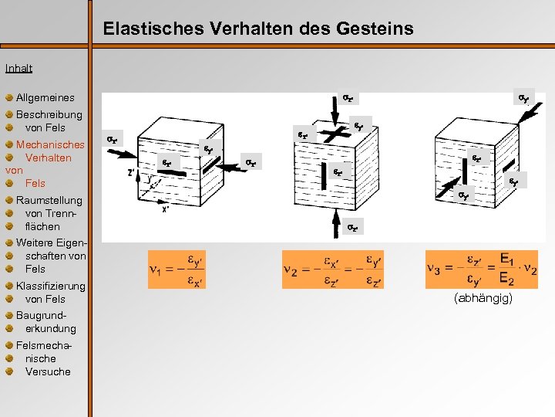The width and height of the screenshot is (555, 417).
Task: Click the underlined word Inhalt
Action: coord(18,68)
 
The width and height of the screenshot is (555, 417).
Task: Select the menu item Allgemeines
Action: coord(45,97)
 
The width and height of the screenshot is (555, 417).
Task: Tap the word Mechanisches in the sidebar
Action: coord(50,144)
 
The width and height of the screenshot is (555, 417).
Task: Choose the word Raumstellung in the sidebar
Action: coord(49,200)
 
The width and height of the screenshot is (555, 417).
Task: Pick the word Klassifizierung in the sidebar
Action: coord(50,286)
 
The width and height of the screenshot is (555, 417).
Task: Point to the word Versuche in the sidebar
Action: coord(48,371)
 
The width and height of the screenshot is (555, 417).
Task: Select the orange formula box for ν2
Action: coord(334,270)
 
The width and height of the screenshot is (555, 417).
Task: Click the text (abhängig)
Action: coord(483,298)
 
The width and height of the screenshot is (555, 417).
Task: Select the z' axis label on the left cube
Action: coord(132,172)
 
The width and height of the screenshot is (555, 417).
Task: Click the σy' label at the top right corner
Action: coord(523,98)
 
